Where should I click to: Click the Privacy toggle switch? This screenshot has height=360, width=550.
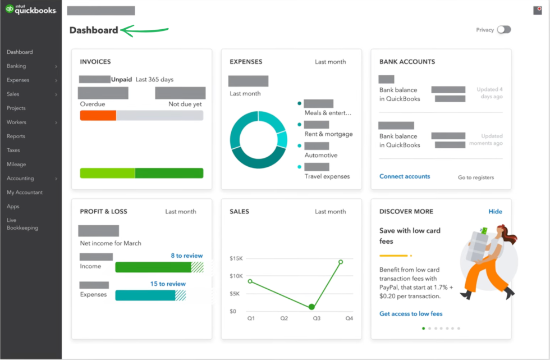coord(503,30)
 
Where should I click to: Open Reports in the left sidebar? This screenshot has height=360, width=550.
coord(16,136)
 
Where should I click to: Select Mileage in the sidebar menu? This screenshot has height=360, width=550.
coord(16,165)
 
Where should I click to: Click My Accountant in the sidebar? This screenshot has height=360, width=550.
coord(25,193)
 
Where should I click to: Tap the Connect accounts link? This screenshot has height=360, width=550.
coord(405,176)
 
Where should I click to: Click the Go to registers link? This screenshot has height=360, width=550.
coord(476,177)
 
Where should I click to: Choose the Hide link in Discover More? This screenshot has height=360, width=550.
coord(495,212)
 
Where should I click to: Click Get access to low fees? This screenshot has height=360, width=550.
coord(411,314)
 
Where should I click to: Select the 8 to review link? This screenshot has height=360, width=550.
coord(187,256)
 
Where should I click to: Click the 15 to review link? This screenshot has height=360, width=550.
coord(168,284)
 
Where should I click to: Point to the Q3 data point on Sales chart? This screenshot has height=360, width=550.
coord(311,307)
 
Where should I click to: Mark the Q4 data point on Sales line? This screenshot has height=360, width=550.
coord(341,262)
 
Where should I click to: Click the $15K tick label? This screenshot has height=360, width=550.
coord(236,258)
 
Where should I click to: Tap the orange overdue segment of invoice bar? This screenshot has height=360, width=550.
coord(98,116)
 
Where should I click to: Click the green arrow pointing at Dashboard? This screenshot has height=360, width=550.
coord(145,30)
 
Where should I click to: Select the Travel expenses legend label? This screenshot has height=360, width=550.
coord(327,176)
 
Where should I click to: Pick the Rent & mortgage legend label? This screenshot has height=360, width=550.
coord(329,134)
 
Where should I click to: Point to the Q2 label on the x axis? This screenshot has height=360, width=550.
coord(284,318)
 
